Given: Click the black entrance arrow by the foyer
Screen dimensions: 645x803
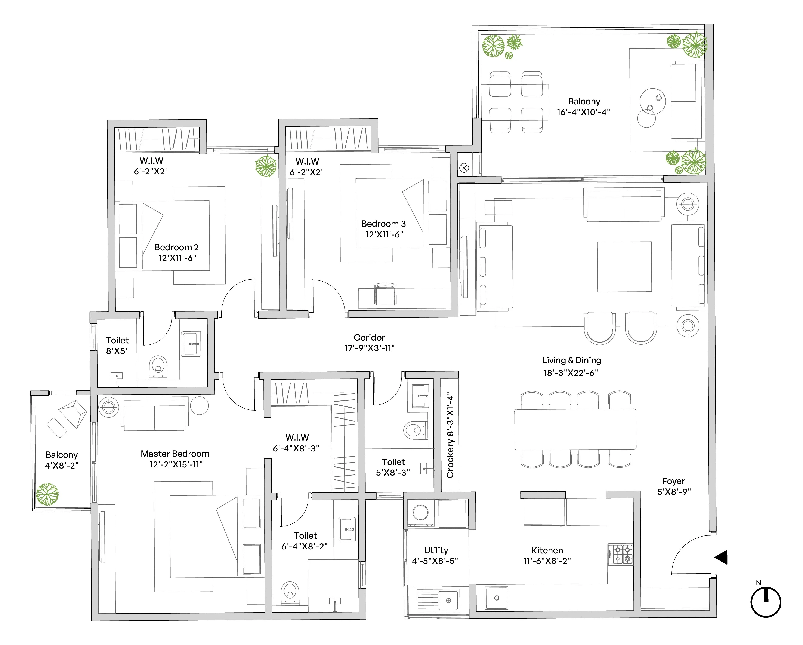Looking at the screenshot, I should pyautogui.click(x=722, y=558).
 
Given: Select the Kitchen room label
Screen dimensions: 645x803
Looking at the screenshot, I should pyautogui.click(x=547, y=550).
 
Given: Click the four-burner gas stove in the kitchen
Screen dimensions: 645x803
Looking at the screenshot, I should pyautogui.click(x=620, y=554).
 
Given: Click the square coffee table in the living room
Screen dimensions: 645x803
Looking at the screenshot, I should pyautogui.click(x=624, y=266).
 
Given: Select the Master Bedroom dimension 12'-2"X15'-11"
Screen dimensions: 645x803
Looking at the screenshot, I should pyautogui.click(x=176, y=464).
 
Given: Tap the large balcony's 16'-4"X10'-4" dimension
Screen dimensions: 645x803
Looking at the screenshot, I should pyautogui.click(x=583, y=112).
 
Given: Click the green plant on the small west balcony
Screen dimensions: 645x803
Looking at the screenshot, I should pyautogui.click(x=47, y=494).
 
